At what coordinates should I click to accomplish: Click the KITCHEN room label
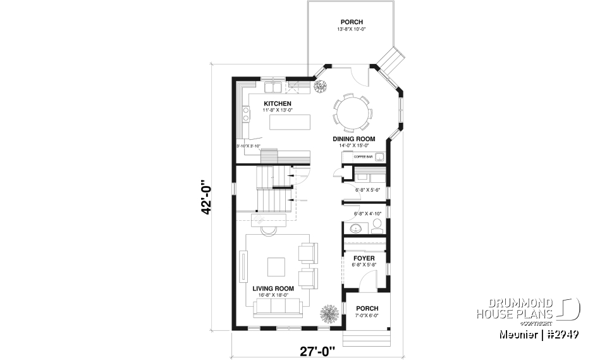coord(277,103)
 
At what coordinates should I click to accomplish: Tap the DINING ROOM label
coord(353,139)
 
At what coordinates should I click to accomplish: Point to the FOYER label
coord(364,258)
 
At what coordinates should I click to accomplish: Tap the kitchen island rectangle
coord(291,121)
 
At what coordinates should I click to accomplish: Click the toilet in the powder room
coord(376,225)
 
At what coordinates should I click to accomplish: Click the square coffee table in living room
coord(276,266)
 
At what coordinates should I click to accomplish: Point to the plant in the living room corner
coord(328,314)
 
